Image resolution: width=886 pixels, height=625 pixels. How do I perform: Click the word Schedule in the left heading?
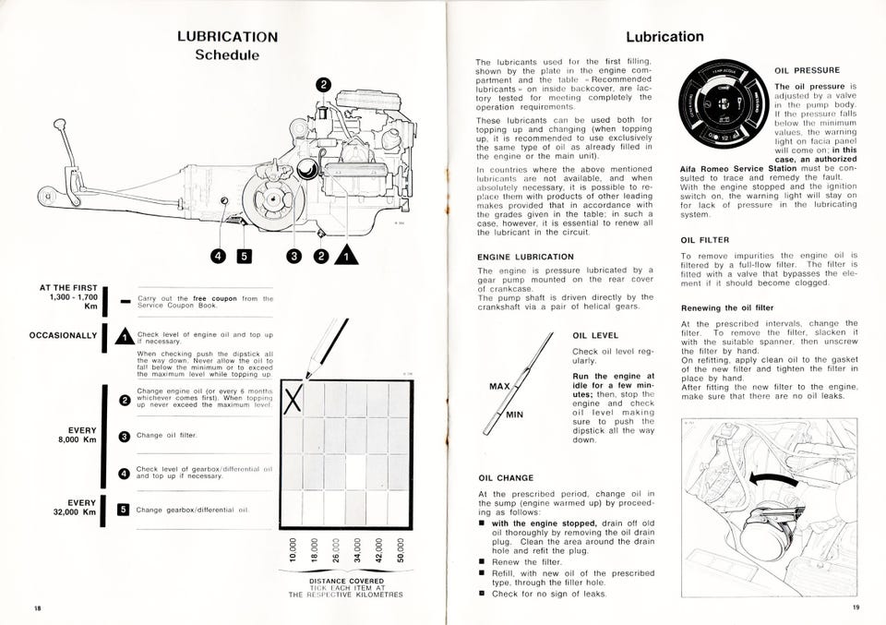click(x=227, y=55)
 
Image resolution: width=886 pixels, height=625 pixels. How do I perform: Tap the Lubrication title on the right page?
click(x=664, y=37)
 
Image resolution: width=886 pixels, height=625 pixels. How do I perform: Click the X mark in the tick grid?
click(x=293, y=400)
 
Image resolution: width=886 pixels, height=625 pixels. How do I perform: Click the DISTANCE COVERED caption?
click(x=346, y=582)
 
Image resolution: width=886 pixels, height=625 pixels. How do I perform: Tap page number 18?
click(x=38, y=608)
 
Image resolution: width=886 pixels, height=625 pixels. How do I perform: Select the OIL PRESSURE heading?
click(x=807, y=70)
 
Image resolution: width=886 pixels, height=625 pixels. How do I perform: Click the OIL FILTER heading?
click(x=706, y=240)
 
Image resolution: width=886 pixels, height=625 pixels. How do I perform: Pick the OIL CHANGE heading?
click(x=505, y=478)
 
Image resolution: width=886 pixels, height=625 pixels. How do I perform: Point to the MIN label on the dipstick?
click(x=514, y=415)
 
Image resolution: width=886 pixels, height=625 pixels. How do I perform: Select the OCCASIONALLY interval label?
click(x=63, y=334)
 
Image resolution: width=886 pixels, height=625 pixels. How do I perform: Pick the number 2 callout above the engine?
click(x=323, y=86)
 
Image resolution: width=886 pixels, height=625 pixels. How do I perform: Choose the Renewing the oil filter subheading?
click(x=727, y=307)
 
